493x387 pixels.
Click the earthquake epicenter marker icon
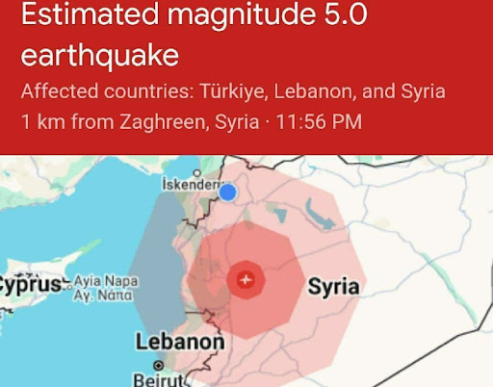point(247,279)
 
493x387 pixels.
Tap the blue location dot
point(227,193)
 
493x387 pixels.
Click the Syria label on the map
point(333,286)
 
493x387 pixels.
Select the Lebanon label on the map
point(179,342)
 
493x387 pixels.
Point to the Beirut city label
point(158,379)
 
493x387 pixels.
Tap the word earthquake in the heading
point(99,55)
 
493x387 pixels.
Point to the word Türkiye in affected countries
point(234,92)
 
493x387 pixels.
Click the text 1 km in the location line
point(39,122)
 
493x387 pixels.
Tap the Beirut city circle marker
point(159,365)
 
